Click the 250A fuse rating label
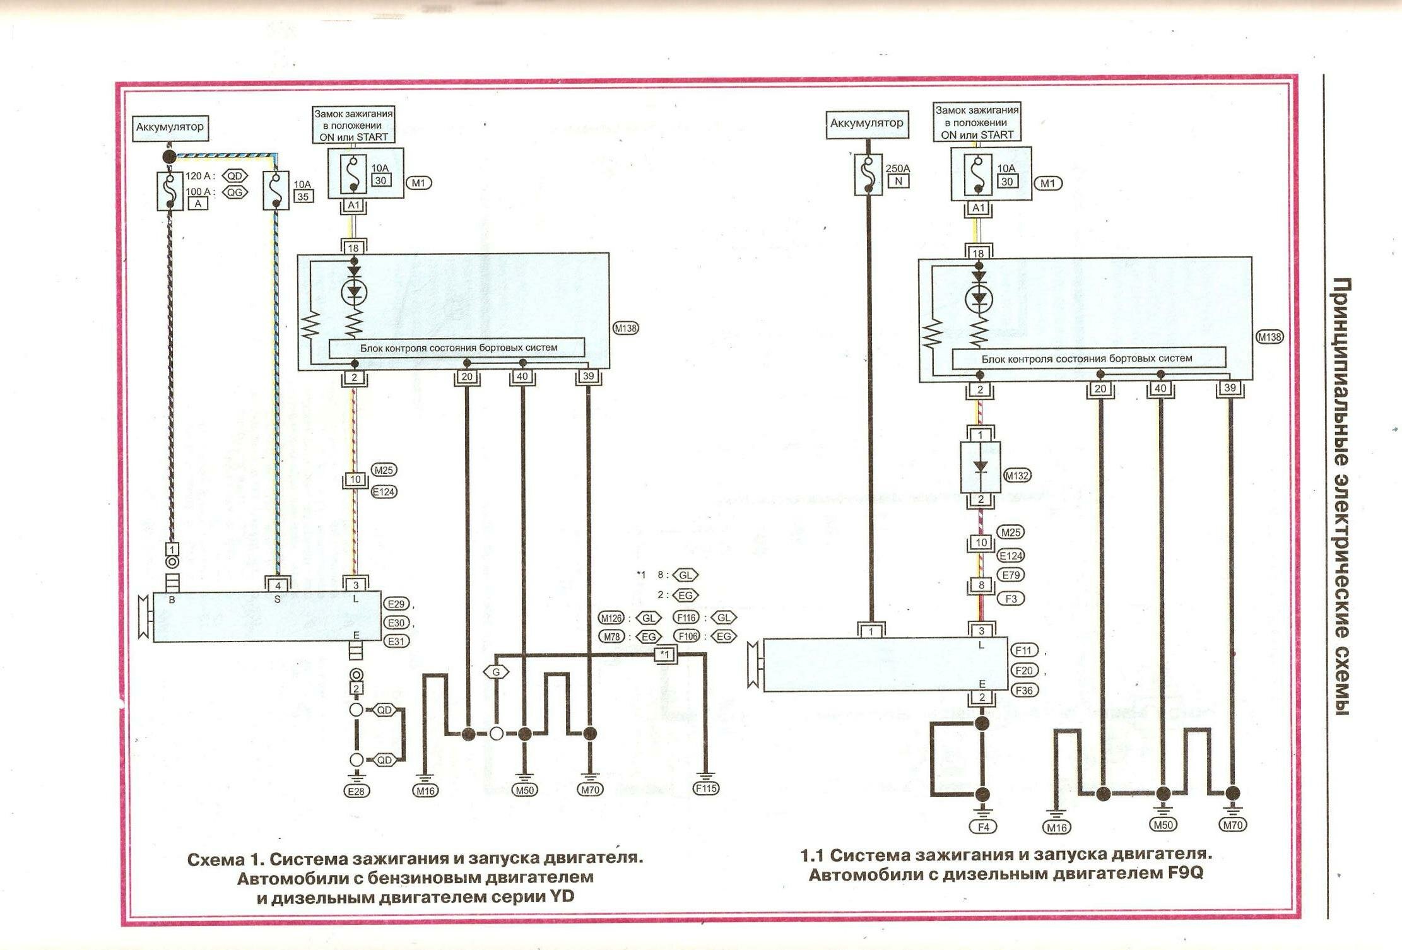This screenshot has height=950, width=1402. click(x=898, y=169)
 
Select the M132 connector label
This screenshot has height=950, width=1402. click(x=1016, y=476)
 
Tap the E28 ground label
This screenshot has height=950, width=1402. click(x=356, y=791)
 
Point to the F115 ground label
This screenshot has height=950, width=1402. click(x=706, y=788)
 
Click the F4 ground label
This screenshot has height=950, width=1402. click(x=983, y=826)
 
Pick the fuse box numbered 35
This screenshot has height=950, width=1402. click(x=303, y=196)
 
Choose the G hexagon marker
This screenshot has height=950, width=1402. click(x=497, y=672)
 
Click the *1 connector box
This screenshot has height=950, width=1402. click(x=665, y=654)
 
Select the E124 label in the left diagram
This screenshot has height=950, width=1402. click(x=384, y=491)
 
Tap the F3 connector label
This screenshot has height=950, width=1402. click(x=1011, y=599)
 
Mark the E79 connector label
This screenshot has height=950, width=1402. click(x=1011, y=575)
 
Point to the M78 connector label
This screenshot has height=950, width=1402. click(x=611, y=636)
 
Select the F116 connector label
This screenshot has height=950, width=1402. click(x=686, y=618)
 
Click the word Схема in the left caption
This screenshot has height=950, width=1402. click(x=215, y=860)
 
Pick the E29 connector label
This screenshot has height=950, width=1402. click(x=396, y=604)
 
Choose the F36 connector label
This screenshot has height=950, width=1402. click(x=1024, y=690)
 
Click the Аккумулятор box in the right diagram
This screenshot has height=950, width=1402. click(x=866, y=124)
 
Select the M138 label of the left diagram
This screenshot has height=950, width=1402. click(x=625, y=328)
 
